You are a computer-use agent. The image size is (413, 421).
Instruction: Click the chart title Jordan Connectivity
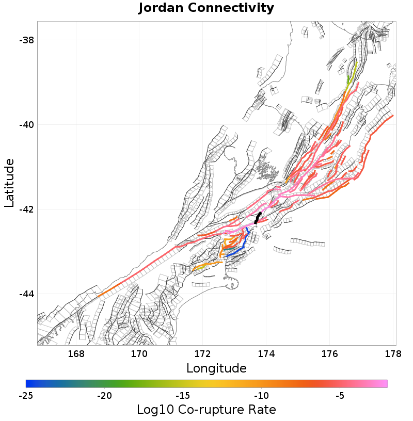pyautogui.click(x=206, y=8)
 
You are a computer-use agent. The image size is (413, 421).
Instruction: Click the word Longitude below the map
pyautogui.click(x=216, y=368)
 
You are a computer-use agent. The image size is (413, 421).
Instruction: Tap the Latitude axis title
pyautogui.click(x=9, y=183)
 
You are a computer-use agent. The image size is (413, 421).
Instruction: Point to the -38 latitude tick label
pyautogui.click(x=27, y=40)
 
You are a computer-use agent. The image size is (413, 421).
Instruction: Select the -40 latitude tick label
pyautogui.click(x=27, y=125)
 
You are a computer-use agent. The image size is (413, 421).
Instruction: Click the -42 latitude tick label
pyautogui.click(x=27, y=209)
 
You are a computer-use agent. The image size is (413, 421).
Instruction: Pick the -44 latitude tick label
pyautogui.click(x=27, y=294)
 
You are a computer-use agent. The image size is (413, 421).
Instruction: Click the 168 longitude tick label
pyautogui.click(x=76, y=354)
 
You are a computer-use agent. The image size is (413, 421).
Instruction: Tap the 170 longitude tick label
pyautogui.click(x=139, y=354)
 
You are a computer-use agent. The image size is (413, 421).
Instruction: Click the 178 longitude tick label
pyautogui.click(x=393, y=354)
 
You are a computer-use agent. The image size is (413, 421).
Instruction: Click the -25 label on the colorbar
pyautogui.click(x=26, y=396)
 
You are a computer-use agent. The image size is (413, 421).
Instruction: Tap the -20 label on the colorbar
pyautogui.click(x=105, y=396)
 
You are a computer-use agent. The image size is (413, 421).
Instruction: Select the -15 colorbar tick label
pyautogui.click(x=183, y=396)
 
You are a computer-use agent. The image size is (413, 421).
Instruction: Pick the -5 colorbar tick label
pyautogui.click(x=340, y=396)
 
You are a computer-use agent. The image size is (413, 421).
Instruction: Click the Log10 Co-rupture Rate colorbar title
pyautogui.click(x=206, y=410)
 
